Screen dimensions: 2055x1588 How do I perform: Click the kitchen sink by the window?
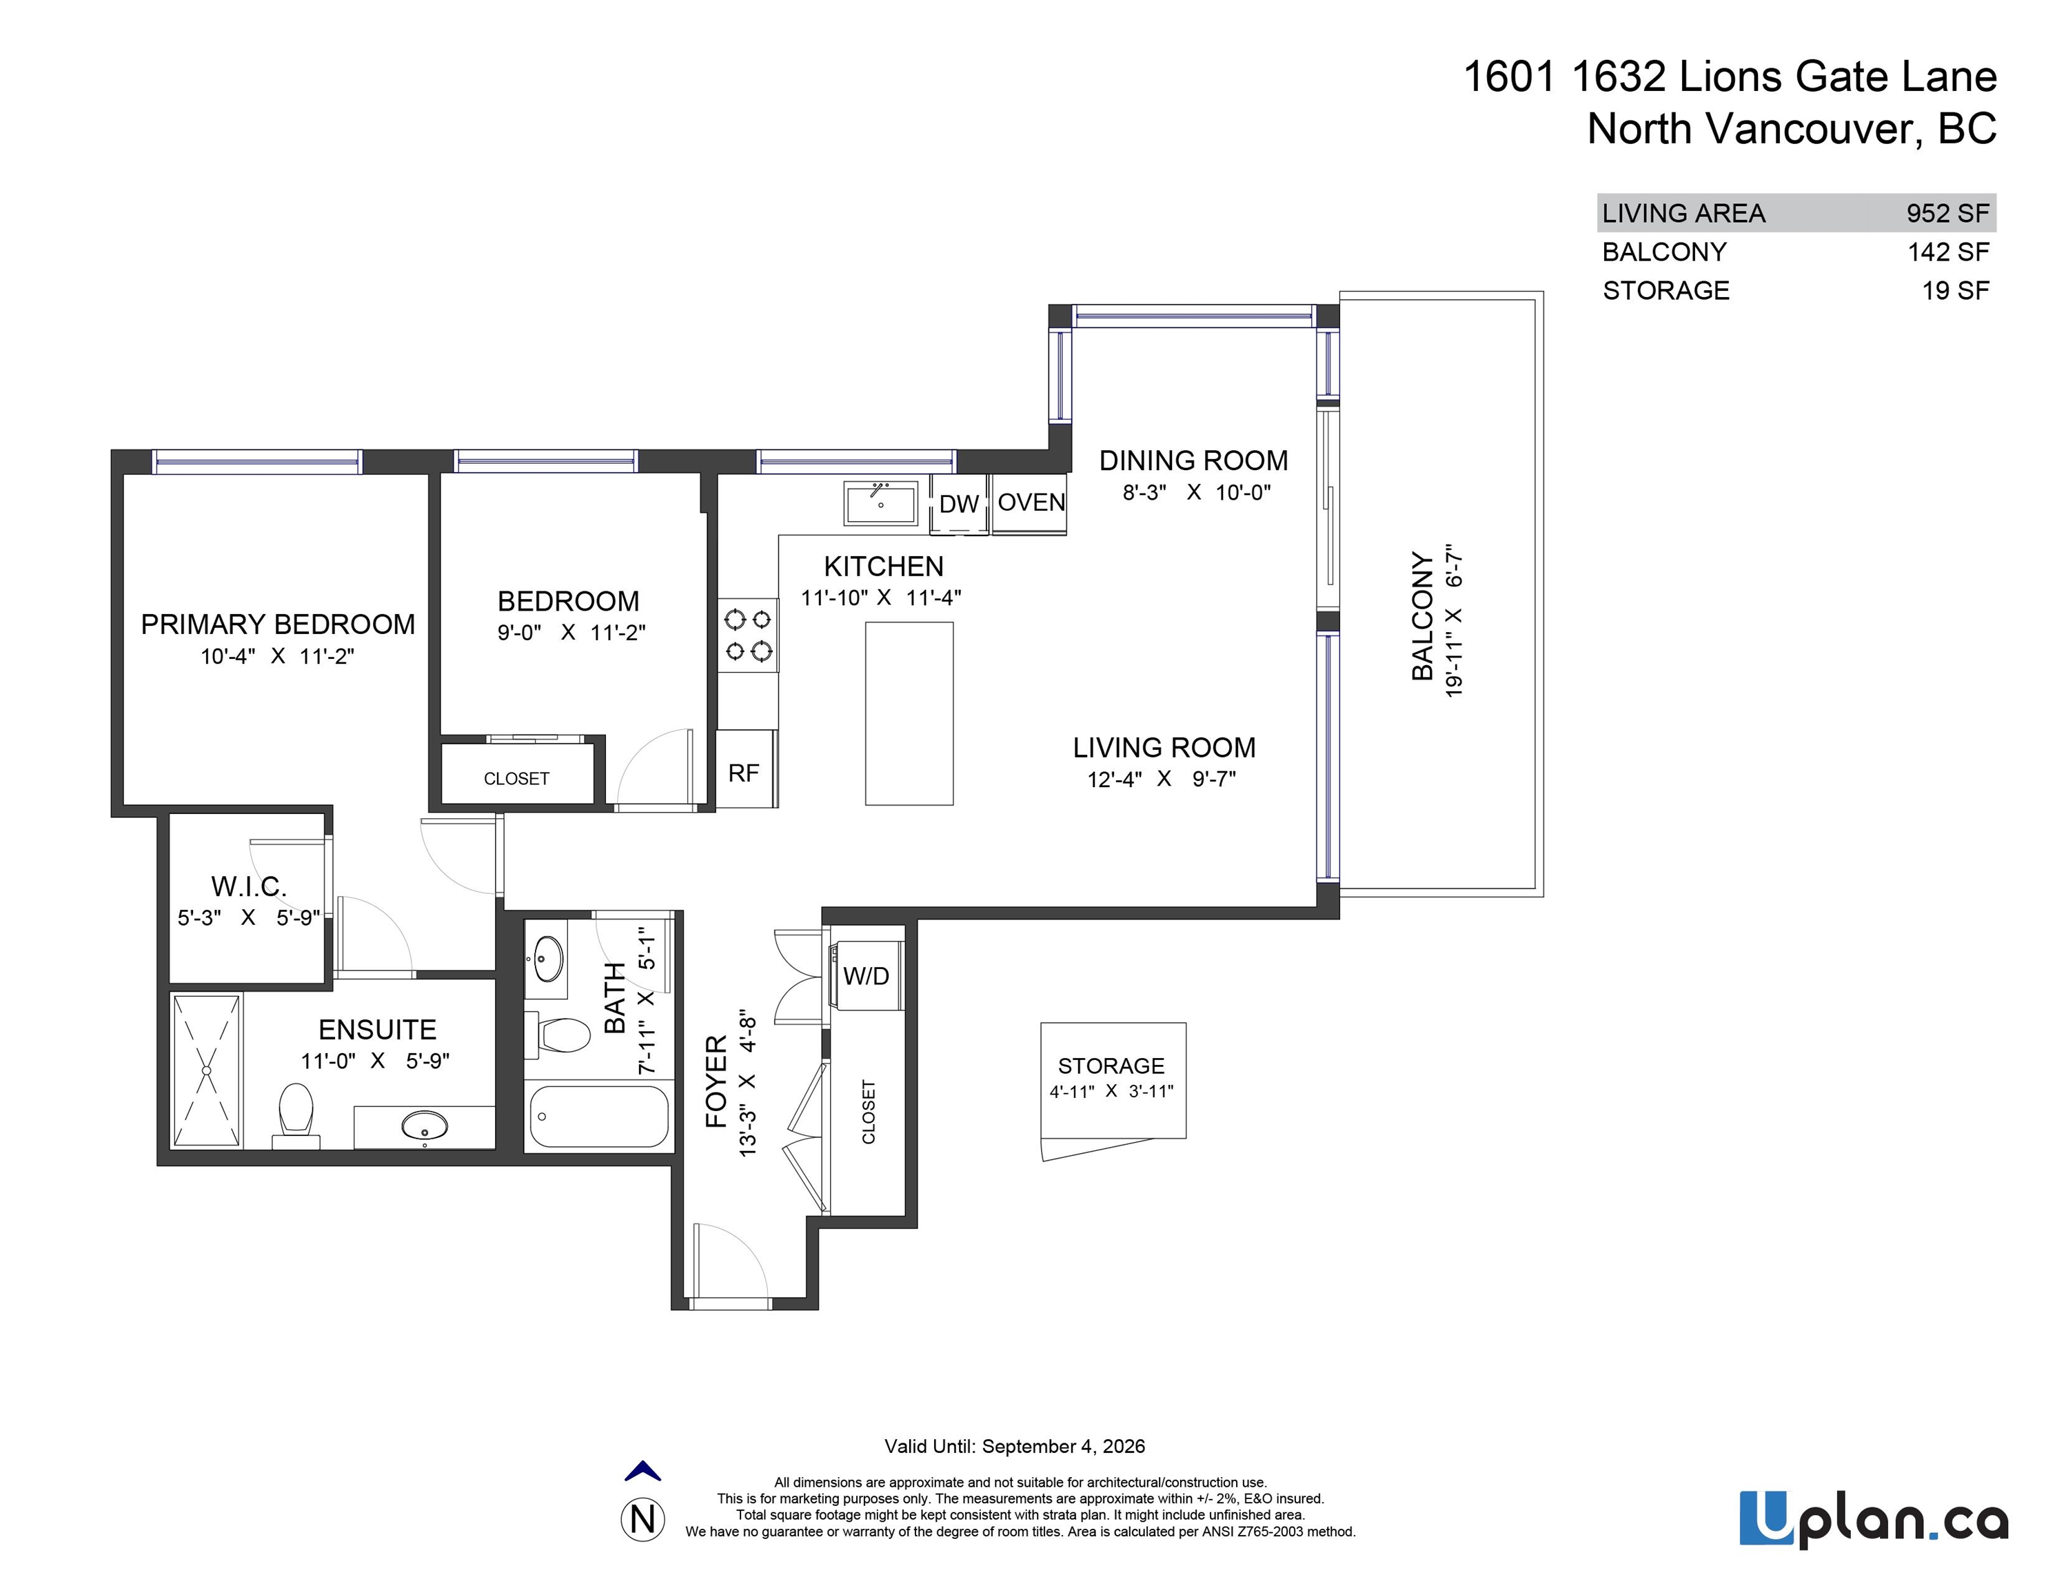pos(881,503)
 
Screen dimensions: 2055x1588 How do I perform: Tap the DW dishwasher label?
pos(959,505)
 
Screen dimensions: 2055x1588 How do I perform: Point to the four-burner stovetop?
pos(748,635)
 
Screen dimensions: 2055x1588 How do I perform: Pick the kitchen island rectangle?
pos(909,713)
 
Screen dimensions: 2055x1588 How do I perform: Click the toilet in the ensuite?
pos(296,1116)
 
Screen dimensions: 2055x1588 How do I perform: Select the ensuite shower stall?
pos(207,1070)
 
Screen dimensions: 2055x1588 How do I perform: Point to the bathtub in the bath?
pos(598,1117)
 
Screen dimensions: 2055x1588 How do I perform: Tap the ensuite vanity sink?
pos(425,1125)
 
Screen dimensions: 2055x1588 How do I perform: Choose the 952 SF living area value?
pos(1947,214)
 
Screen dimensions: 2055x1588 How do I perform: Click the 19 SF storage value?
pos(1955,291)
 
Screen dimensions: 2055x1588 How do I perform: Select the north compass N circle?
pos(642,1519)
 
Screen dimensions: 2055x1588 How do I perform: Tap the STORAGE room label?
pos(1111,1066)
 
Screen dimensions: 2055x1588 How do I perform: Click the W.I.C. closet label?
pos(248,886)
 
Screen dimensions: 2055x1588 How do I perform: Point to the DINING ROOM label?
pos(1193,461)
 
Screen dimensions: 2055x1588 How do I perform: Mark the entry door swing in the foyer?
pos(730,1261)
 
